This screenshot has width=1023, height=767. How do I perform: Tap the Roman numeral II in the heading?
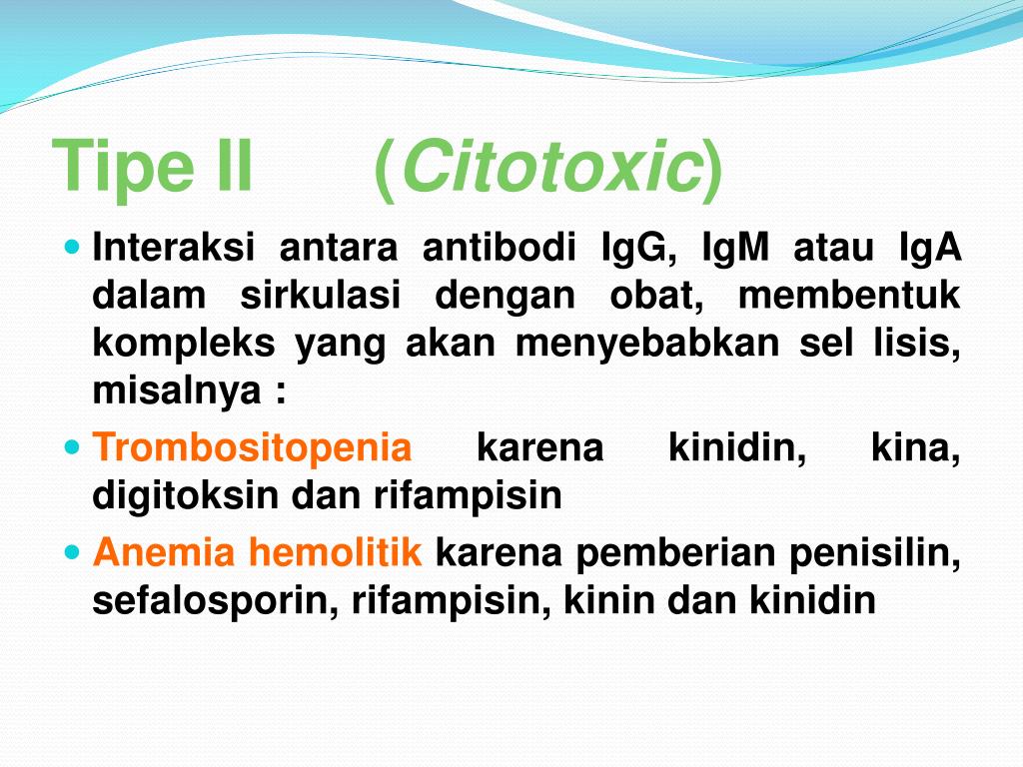[234, 166]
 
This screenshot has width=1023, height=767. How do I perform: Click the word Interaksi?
[173, 248]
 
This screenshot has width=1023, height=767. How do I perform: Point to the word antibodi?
[500, 248]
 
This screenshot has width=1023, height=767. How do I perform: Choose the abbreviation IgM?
[735, 248]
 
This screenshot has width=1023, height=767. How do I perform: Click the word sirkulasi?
[320, 296]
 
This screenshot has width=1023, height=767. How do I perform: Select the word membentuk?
[849, 296]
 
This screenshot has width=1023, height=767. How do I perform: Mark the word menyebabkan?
[647, 344]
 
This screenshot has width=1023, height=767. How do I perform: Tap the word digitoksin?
[185, 496]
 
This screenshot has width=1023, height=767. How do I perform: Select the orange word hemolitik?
[336, 551]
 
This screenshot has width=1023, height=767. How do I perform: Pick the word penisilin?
[875, 553]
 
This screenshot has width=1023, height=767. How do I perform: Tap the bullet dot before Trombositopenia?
[72, 448]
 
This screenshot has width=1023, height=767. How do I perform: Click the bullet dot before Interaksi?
[72, 248]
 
